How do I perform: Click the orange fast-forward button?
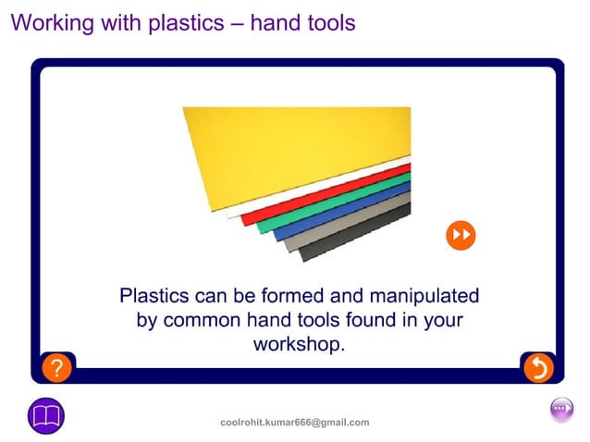460,235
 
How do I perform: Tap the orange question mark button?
56,368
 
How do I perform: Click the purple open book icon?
46,415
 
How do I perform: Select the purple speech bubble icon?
561,409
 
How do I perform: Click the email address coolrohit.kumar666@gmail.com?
294,423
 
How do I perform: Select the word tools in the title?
326,23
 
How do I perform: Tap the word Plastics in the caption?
154,297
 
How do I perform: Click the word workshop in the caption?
295,345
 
